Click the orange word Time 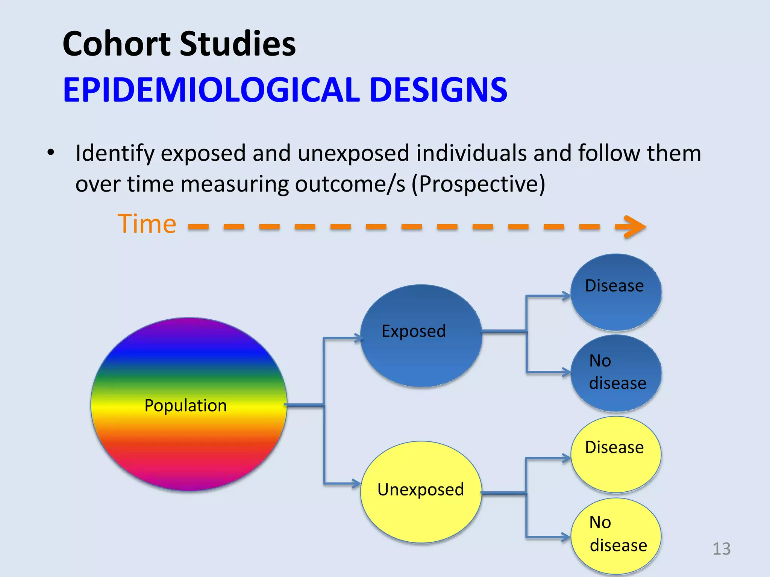point(147,224)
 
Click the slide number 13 point(721,549)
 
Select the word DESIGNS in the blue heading point(438,90)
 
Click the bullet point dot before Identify point(51,153)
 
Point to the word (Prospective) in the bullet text point(478,184)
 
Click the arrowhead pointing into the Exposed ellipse point(358,338)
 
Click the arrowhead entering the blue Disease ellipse point(567,296)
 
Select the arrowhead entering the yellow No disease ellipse point(567,537)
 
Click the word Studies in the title point(238,44)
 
